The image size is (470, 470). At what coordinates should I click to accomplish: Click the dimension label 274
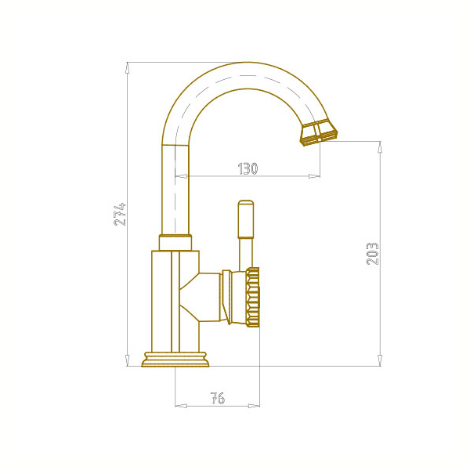[x=120, y=214]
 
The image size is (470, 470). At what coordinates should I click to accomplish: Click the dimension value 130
[x=248, y=168]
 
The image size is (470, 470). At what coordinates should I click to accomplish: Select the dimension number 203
[x=373, y=254]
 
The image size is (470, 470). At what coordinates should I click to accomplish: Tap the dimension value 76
[x=218, y=399]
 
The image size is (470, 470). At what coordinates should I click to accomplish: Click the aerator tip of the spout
[x=319, y=132]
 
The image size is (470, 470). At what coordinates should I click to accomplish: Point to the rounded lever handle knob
[x=246, y=219]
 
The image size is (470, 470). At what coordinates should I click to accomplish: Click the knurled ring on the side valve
[x=253, y=298]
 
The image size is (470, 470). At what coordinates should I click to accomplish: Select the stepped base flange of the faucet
[x=175, y=360]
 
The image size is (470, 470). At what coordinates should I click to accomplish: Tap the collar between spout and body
[x=175, y=242]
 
